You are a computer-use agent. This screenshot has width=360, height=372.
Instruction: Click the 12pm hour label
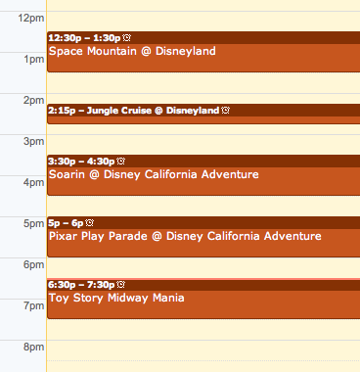[x=30, y=19]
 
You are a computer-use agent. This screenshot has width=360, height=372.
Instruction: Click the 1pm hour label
[x=33, y=60]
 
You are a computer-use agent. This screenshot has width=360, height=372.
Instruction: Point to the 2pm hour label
[x=33, y=101]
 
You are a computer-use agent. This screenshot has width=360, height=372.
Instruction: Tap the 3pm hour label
[x=33, y=142]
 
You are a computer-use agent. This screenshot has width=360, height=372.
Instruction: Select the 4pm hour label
[x=33, y=183]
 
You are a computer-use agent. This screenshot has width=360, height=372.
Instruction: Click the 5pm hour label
[x=33, y=224]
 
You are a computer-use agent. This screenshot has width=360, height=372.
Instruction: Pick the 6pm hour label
[x=33, y=265]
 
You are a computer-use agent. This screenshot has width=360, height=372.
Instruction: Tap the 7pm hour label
[x=33, y=306]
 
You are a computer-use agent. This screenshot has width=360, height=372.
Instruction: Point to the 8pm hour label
[x=33, y=348]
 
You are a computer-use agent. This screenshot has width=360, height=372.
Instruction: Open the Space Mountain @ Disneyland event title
[x=132, y=51]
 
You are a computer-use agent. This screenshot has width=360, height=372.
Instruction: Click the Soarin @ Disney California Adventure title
[x=154, y=174]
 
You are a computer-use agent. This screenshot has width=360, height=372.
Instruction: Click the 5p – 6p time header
[x=66, y=222]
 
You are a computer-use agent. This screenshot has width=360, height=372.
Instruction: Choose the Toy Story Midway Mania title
[x=116, y=298]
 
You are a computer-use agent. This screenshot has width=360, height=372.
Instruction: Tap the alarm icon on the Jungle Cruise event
[x=225, y=111]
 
